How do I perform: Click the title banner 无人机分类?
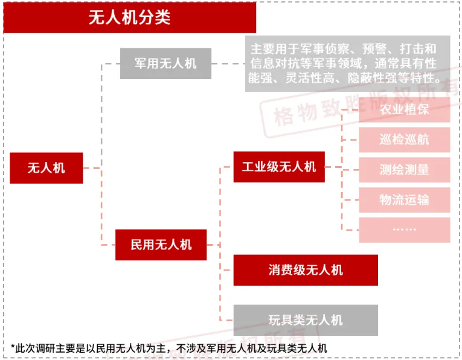pos(129,18)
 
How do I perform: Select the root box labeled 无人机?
pos(46,168)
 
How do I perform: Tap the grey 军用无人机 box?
pos(165,63)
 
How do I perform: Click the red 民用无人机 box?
pos(161,245)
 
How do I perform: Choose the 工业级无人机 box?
pos(279,167)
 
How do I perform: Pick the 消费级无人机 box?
pos(306,270)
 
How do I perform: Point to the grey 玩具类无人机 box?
pos(306,320)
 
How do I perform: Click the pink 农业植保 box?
pos(404,111)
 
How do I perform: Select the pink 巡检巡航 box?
pos(404,140)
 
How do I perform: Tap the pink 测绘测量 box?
pos(404,170)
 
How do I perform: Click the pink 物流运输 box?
pos(404,200)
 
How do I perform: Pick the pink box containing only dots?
pos(404,230)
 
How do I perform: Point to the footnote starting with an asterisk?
pos(168,347)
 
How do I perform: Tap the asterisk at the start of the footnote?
pos(13,347)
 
